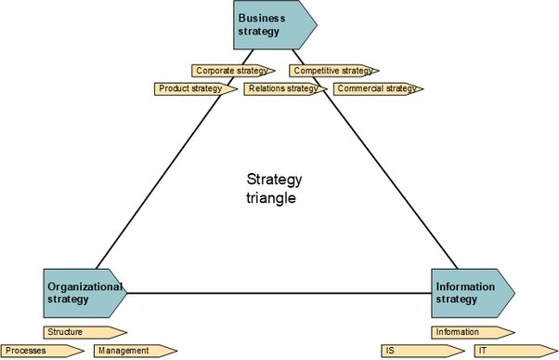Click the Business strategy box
[275, 24]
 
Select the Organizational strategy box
[84, 293]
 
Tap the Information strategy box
[473, 293]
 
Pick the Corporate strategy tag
[233, 71]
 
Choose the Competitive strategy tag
[334, 71]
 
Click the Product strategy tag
[196, 89]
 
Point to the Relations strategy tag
[285, 89]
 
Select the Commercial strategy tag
[378, 89]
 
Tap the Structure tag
[85, 332]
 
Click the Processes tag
[43, 351]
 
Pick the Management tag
[136, 351]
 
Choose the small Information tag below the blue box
[473, 332]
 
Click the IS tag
[422, 351]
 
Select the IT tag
[516, 351]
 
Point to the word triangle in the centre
[271, 198]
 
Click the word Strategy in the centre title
[274, 180]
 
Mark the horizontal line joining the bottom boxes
[279, 293]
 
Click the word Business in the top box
[262, 19]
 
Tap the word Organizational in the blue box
[84, 287]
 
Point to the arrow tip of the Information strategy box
[514, 293]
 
